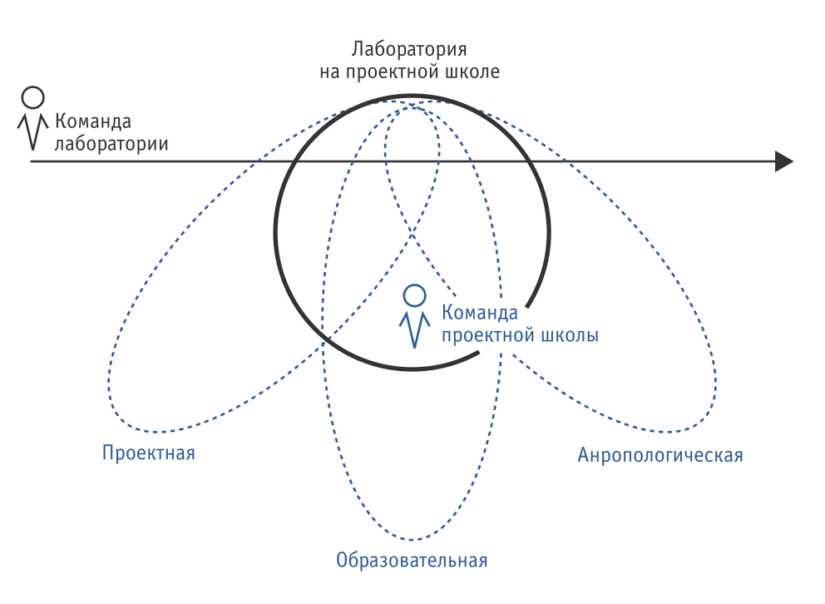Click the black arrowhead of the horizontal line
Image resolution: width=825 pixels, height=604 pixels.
click(783, 161)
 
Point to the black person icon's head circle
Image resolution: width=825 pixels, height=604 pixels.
click(32, 97)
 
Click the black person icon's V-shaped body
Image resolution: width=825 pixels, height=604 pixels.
click(32, 130)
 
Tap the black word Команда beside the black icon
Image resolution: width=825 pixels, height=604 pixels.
click(93, 121)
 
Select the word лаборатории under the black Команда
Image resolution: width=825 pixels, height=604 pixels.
click(111, 143)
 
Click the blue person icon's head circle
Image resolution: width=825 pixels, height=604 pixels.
click(414, 295)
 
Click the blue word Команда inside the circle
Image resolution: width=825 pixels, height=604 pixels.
click(481, 314)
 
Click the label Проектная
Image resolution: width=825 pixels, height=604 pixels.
click(149, 453)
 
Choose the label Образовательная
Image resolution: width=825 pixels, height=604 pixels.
click(412, 560)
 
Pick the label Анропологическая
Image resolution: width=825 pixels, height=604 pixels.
click(660, 456)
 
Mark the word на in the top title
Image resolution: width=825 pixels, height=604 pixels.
click(330, 72)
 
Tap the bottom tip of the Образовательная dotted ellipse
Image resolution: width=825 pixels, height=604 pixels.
click(412, 540)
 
